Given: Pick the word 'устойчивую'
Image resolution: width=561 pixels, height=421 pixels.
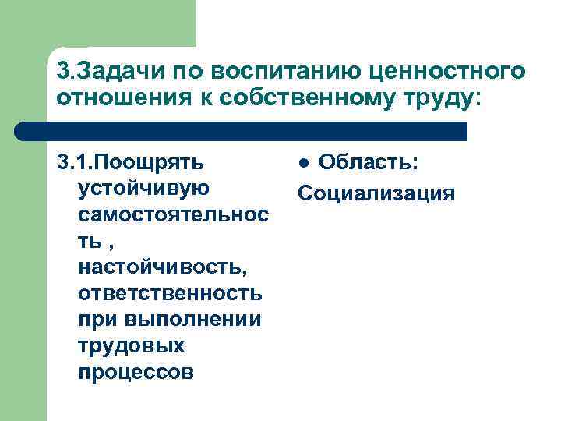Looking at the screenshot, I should (143, 189).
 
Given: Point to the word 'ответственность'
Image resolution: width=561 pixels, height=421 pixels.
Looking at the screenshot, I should (170, 294).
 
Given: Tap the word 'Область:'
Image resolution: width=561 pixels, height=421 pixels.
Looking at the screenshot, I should (369, 162).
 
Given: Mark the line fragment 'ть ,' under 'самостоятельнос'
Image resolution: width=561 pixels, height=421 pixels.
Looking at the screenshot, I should (97, 242).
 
